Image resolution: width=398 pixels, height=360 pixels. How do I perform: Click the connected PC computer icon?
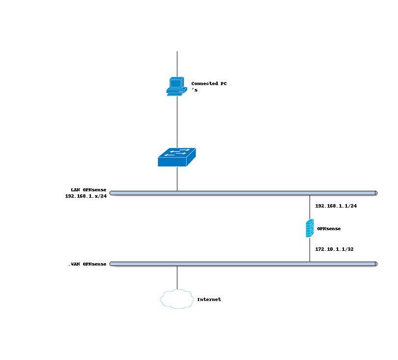pos(175,86)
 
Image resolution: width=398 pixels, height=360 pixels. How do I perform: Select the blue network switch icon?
pos(176,157)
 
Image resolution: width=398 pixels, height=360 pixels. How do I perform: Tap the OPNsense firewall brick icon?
pos(310,229)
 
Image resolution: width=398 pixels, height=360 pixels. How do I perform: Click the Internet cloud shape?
pos(176,299)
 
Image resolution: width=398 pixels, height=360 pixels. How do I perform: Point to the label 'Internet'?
pos(209,300)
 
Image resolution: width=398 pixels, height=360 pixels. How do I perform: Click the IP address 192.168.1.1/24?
pos(336,206)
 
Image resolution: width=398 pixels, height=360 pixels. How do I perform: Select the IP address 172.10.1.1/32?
pos(334,249)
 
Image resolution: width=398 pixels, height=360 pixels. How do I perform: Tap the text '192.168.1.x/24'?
pos(86,196)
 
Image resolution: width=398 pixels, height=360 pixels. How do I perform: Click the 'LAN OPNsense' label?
pos(88,190)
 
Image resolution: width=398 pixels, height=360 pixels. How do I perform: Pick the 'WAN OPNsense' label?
pos(88,265)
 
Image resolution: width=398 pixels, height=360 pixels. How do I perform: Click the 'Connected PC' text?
pos(209,84)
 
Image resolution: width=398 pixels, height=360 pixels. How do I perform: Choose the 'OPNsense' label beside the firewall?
pos(329,229)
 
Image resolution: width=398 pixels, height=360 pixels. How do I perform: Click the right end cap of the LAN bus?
pos(376,193)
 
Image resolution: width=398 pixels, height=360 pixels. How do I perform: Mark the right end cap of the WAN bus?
pos(376,264)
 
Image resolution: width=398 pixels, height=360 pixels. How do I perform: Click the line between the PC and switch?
pos(177,120)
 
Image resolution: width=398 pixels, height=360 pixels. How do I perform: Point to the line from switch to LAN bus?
pos(177,179)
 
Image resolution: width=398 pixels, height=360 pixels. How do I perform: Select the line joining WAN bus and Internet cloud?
pos(177,278)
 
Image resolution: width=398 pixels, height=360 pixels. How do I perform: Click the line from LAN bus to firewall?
pos(310,207)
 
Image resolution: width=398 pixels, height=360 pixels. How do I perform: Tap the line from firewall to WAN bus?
pos(310,250)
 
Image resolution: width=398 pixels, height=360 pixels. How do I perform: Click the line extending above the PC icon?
pos(177,63)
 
